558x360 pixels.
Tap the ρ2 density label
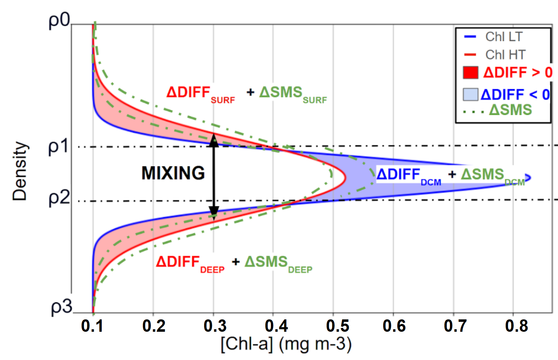click(59, 199)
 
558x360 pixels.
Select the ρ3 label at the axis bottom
click(61, 307)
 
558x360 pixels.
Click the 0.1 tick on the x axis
click(92, 326)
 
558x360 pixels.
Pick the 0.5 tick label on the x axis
click(338, 326)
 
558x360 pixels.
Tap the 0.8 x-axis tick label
click(516, 326)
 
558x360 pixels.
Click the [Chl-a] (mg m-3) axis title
click(286, 344)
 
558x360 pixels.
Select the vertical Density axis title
click(20, 172)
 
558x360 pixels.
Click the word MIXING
click(173, 173)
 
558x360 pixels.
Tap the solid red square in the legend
click(470, 72)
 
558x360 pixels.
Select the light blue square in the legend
click(470, 94)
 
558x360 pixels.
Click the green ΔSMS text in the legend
click(510, 110)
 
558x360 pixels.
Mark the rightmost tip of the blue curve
click(531, 177)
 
